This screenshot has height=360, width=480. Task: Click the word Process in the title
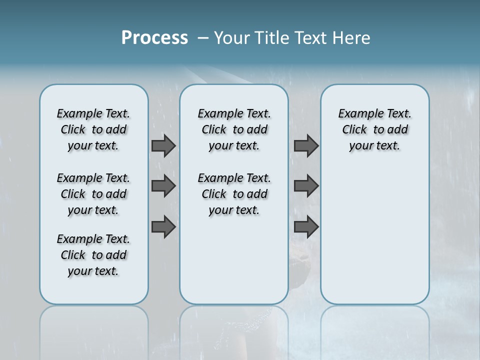pos(154,38)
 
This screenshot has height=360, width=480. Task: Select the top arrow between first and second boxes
pos(163,145)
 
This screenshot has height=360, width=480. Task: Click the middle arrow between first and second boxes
pos(163,186)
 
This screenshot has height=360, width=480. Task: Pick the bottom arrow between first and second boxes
pos(163,227)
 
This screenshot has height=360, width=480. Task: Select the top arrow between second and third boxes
pos(306,145)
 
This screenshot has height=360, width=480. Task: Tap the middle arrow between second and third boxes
pos(306,186)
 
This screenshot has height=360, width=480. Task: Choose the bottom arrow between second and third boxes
pos(306,227)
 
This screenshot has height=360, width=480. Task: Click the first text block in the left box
pos(93,129)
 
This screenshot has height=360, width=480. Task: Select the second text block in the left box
pos(93,194)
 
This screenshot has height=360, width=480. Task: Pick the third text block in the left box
pos(93,255)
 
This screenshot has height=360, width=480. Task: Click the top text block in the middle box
pos(234,129)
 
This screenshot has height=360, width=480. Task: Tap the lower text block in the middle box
pos(234,194)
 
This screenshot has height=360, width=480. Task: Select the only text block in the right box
pos(374,129)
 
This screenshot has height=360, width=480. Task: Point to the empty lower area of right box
pos(374,240)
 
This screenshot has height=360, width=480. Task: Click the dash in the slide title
pos(203,38)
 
